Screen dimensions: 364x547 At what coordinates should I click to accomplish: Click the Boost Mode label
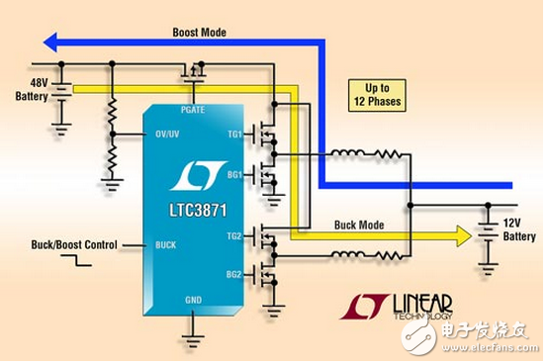pyautogui.click(x=199, y=32)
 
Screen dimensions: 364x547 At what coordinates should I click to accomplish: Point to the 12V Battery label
pyautogui.click(x=518, y=229)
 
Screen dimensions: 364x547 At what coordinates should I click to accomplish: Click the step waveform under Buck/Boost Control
pyautogui.click(x=73, y=263)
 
